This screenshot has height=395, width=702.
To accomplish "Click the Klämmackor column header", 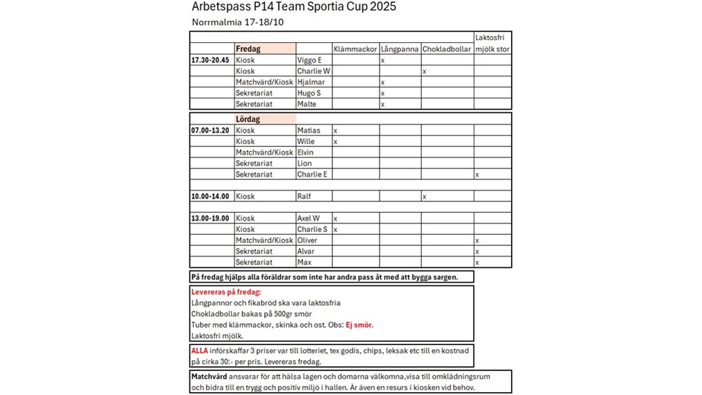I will coord(355,49).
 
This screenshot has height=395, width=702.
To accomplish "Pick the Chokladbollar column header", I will coord(447,49).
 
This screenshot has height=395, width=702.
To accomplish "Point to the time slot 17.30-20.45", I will coord(211,60).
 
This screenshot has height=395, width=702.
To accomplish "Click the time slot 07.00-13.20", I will coord(211,130).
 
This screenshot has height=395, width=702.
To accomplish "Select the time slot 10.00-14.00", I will coord(211,196).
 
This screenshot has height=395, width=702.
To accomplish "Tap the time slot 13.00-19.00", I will coord(211,218).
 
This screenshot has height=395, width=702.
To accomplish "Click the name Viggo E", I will coord(310,60).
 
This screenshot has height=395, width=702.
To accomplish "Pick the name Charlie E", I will coord(312,174).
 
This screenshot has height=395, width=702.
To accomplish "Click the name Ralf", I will coord(305,196).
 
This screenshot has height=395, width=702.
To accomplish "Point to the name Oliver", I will coord(307,240).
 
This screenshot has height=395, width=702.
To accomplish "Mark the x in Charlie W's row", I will coord(425,72).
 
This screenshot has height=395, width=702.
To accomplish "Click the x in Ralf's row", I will coord(425,197).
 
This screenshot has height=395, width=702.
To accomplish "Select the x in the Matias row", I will coord(336,131).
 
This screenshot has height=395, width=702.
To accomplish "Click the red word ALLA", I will coord(200,350).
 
